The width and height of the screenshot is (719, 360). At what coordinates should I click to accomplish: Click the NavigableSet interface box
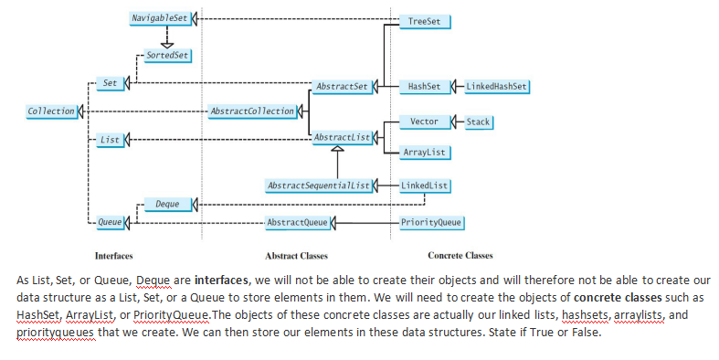[159, 18]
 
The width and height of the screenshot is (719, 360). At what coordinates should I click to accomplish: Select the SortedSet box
[166, 56]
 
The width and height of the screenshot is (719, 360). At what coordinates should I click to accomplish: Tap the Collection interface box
[51, 111]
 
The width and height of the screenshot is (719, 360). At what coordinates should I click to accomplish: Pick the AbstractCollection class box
[252, 111]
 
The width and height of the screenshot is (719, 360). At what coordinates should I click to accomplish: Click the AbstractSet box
[340, 87]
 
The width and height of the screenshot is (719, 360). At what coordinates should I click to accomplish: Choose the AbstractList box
[340, 138]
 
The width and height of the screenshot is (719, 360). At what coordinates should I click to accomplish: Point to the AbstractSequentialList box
[319, 185]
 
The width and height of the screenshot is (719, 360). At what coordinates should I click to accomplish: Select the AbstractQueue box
[295, 223]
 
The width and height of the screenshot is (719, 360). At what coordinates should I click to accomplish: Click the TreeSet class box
[424, 19]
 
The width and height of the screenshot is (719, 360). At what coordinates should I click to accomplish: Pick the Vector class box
[424, 122]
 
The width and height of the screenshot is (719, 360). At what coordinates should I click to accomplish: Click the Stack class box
[479, 122]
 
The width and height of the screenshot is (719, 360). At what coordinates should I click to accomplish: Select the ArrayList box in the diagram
[424, 152]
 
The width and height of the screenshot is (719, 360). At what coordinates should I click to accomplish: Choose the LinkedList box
[425, 185]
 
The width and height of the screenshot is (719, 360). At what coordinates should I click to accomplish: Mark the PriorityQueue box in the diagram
[431, 223]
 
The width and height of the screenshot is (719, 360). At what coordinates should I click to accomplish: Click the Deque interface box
[167, 204]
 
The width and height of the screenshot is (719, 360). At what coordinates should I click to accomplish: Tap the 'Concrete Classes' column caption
[460, 256]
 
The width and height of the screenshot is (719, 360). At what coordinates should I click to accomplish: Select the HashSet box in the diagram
[424, 87]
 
